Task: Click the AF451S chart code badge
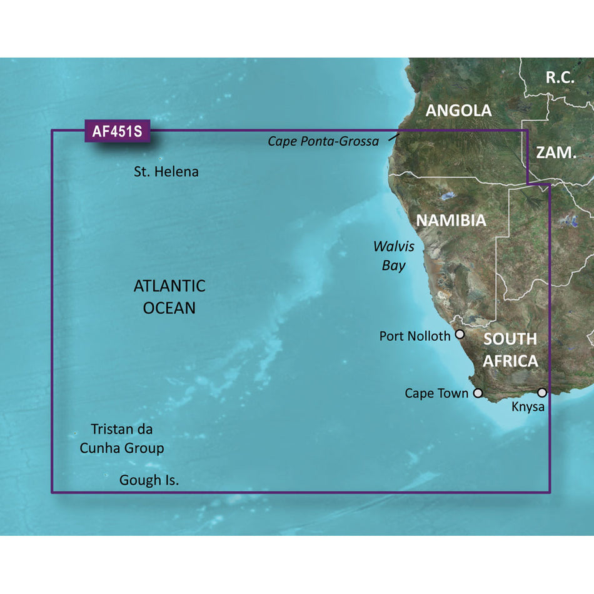pyautogui.click(x=117, y=132)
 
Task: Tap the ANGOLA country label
pyautogui.click(x=458, y=111)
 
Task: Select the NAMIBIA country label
pyautogui.click(x=451, y=220)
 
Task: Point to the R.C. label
pyautogui.click(x=560, y=78)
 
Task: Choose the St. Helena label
pyautogui.click(x=166, y=171)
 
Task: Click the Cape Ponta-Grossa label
pyautogui.click(x=323, y=141)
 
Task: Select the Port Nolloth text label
pyautogui.click(x=415, y=336)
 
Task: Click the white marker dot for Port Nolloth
pyautogui.click(x=460, y=335)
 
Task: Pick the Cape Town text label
pyautogui.click(x=436, y=393)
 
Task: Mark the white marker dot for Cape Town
pyautogui.click(x=478, y=393)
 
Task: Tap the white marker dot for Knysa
pyautogui.click(x=542, y=393)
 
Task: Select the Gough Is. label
pyautogui.click(x=149, y=481)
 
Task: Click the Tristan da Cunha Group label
pyautogui.click(x=122, y=439)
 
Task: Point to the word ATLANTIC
pyautogui.click(x=169, y=286)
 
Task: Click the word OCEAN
pyautogui.click(x=169, y=308)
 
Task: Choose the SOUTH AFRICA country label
pyautogui.click(x=510, y=350)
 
